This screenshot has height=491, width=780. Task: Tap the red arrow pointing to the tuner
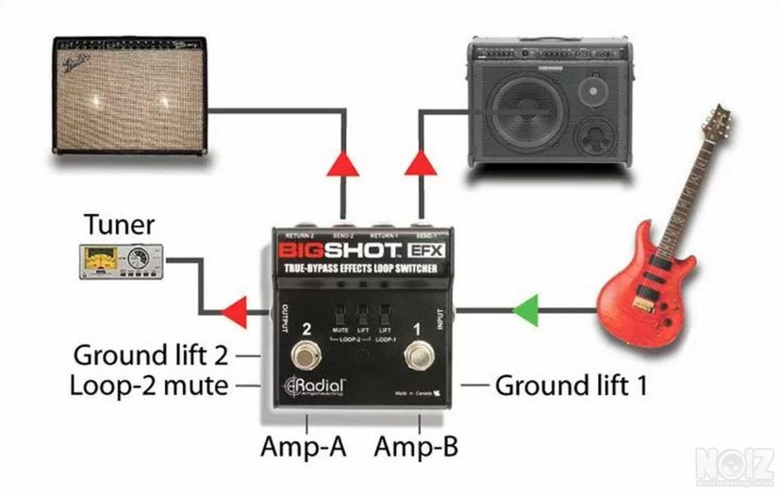point(235,312)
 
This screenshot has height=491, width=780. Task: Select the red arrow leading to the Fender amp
point(342,163)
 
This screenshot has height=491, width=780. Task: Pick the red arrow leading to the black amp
point(420,163)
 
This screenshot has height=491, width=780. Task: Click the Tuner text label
point(119,225)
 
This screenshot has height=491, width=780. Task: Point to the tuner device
point(121,261)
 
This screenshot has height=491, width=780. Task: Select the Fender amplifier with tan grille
point(130,94)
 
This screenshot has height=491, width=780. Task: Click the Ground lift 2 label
point(151,355)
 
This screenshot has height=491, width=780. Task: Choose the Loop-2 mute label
point(149,386)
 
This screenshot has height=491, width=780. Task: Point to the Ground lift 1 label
point(570,386)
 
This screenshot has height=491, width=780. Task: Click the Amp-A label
point(303,447)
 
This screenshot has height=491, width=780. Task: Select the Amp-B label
point(416,447)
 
